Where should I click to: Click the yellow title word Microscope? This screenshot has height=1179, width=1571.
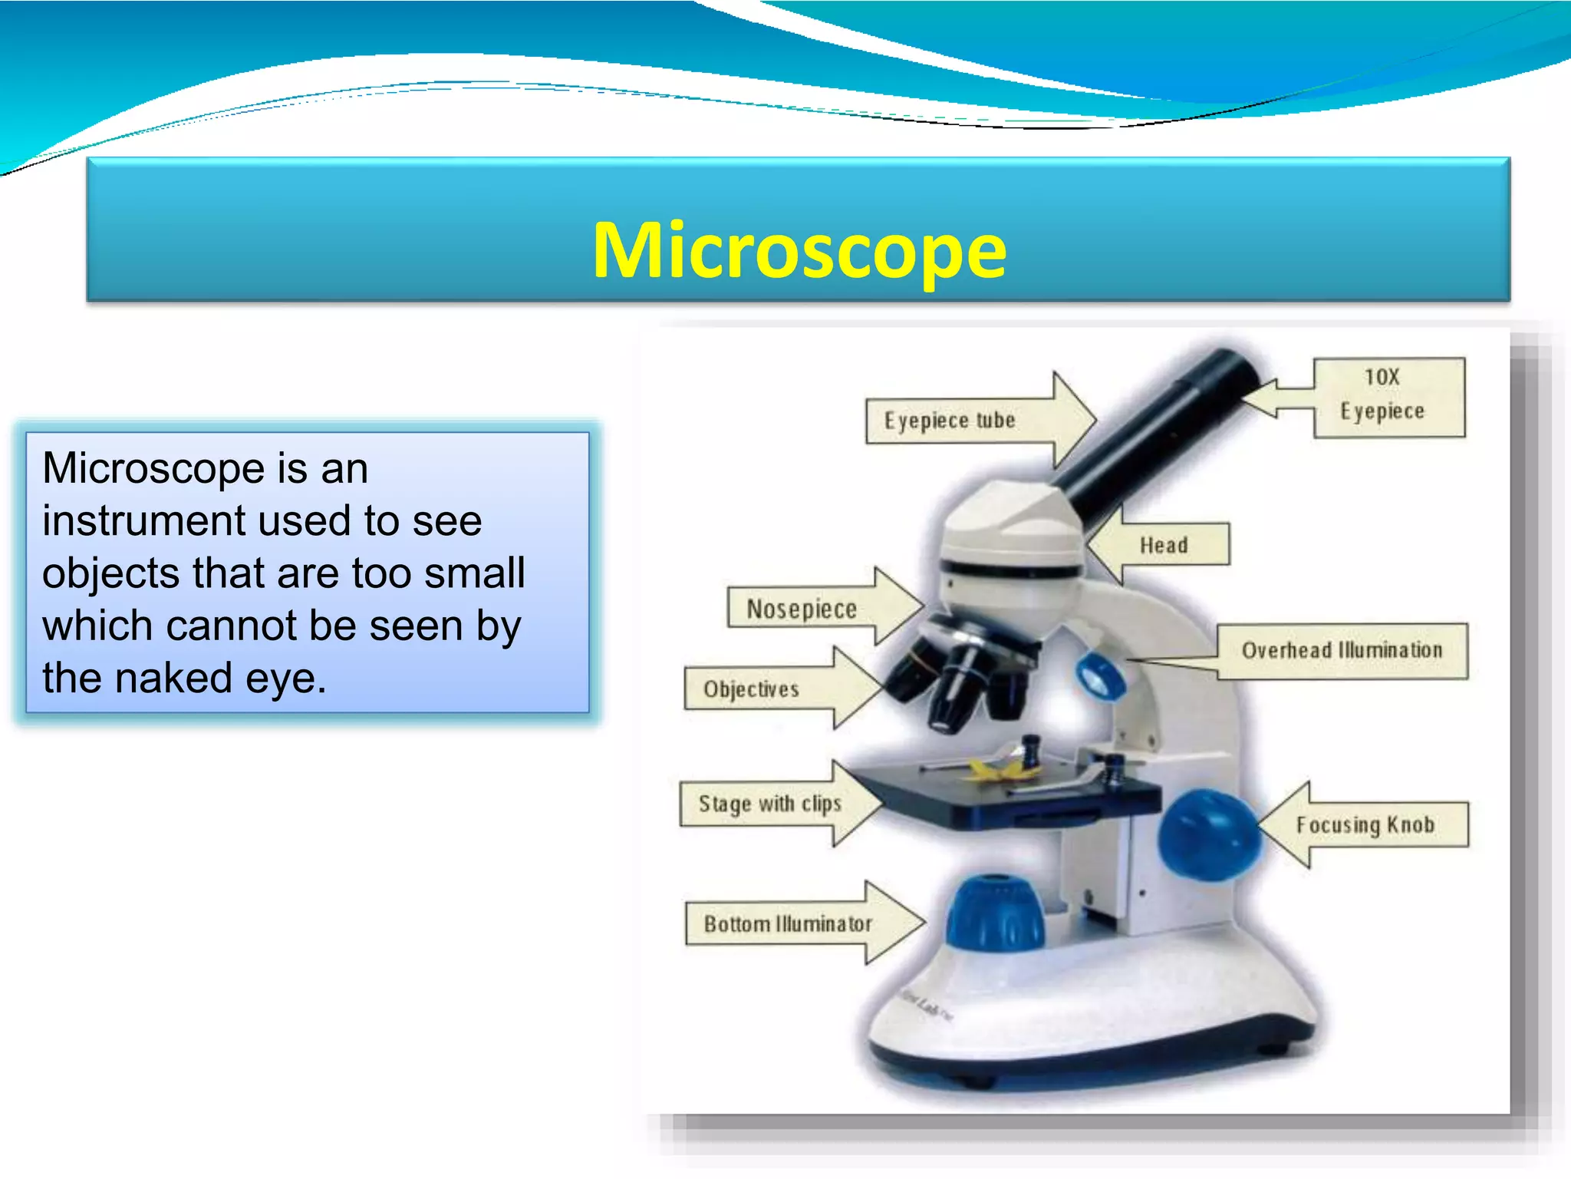click(x=799, y=250)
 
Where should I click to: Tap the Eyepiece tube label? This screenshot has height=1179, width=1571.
click(x=950, y=421)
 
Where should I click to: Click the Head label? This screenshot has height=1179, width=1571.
click(x=1164, y=545)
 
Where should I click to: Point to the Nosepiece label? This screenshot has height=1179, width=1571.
click(x=802, y=609)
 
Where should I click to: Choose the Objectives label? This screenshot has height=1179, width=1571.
click(x=751, y=689)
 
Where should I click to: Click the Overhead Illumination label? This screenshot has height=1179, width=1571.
click(x=1342, y=650)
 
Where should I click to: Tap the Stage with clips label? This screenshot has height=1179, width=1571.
click(x=769, y=804)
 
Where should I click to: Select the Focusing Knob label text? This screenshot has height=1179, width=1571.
click(x=1365, y=825)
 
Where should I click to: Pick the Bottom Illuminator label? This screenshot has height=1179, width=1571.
click(x=788, y=923)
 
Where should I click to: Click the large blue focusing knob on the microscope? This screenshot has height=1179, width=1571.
click(x=1207, y=835)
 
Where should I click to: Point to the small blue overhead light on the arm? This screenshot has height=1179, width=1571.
click(x=1098, y=675)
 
